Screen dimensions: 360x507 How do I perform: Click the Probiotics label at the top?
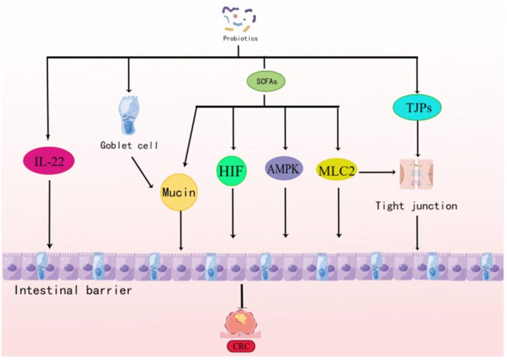(x=240, y=38)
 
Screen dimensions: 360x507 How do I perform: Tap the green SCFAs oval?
(x=266, y=82)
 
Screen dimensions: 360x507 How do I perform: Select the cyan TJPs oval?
(x=417, y=106)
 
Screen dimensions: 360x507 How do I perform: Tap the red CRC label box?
(x=242, y=346)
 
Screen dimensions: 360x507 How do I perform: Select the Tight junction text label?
(x=416, y=206)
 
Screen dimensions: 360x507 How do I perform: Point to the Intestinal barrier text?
(x=73, y=290)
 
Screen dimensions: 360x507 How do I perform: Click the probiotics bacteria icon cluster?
(x=239, y=17)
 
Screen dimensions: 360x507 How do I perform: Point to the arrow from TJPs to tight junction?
(x=417, y=138)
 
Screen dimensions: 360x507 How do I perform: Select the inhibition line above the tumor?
(x=242, y=297)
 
